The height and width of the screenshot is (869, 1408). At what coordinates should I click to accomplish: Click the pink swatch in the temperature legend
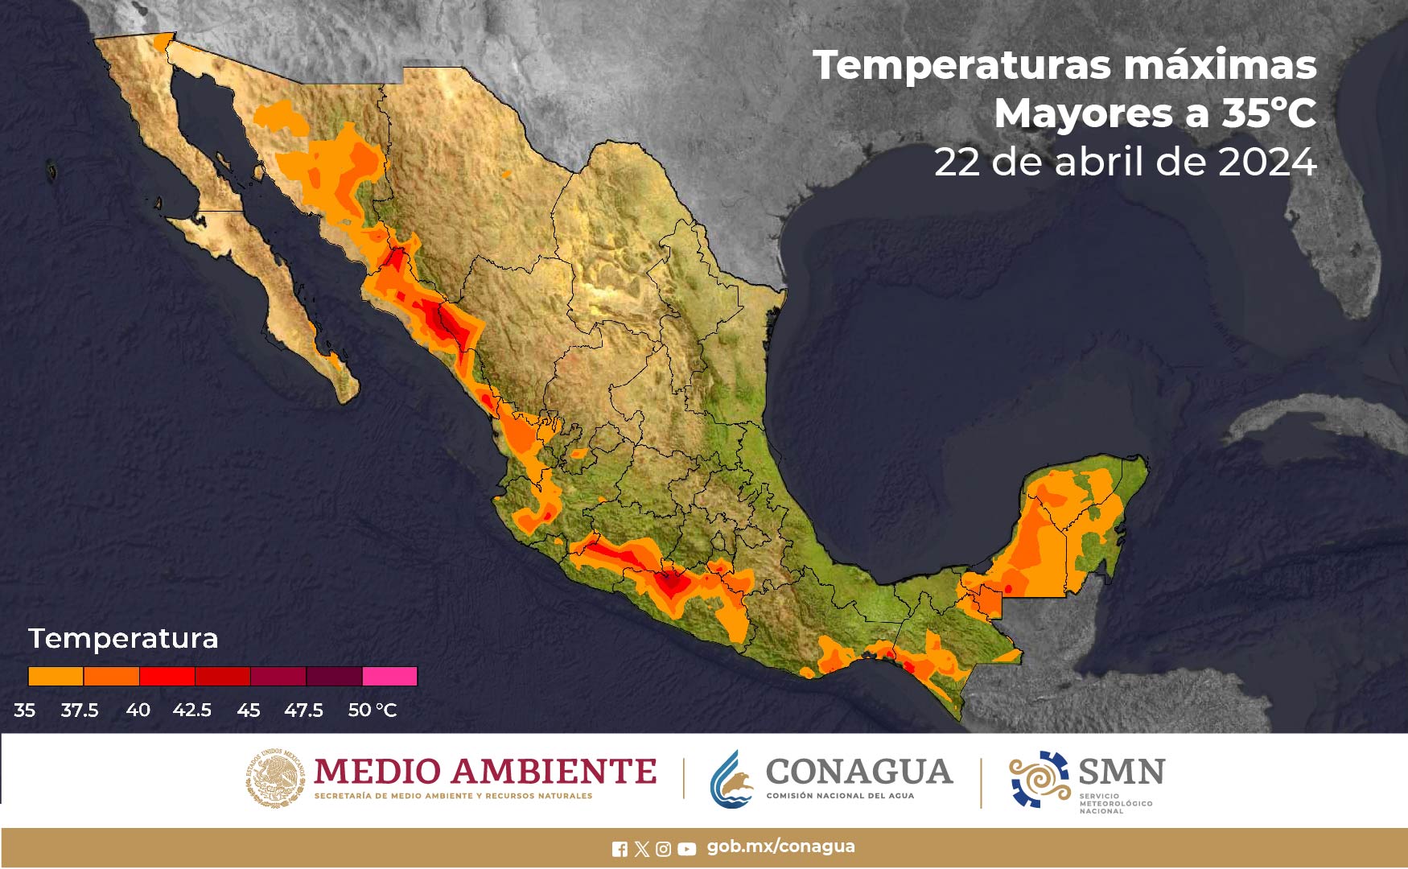pos(389,676)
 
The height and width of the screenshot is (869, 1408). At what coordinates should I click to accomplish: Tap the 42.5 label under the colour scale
pos(191,710)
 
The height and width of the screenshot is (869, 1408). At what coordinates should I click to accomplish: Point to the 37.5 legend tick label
pos(80,710)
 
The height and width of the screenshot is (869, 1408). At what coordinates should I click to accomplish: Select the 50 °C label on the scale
pos(372,710)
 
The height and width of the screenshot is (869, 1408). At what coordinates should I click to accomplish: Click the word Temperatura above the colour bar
pos(123,638)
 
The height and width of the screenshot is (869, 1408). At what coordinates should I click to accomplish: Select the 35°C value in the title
pos(1269,113)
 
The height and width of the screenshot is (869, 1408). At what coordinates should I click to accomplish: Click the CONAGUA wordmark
pos(858,772)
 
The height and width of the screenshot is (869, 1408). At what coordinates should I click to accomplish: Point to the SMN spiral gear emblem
pos(1039,779)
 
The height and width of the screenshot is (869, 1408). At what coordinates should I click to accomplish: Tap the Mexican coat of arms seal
pos(275,777)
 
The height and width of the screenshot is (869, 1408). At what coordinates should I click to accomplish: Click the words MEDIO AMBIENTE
pos(485,772)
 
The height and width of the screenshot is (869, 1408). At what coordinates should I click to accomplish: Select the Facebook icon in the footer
pos(620,849)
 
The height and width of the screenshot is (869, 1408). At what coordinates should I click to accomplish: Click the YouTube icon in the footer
pos(686,849)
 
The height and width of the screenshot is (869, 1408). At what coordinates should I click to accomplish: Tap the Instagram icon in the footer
pos(664,849)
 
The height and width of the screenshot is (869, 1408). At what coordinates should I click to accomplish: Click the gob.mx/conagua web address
pos(780,846)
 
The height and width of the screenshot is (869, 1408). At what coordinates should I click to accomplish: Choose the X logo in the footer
pos(641,849)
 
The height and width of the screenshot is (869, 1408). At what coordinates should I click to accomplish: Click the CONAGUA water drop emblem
pos(731,779)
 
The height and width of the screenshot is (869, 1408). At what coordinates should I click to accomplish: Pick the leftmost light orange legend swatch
pos(56,676)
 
